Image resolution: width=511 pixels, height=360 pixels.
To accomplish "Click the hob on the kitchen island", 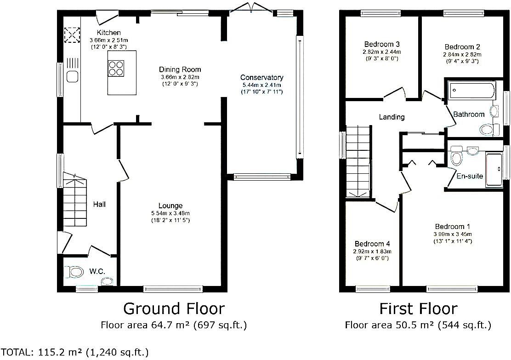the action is [x=116, y=68].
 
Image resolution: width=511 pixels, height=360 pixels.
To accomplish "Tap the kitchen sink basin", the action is [x=72, y=77].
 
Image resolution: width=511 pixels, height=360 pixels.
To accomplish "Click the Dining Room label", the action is [x=180, y=69].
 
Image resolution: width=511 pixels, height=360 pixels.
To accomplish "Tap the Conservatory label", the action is [x=261, y=77].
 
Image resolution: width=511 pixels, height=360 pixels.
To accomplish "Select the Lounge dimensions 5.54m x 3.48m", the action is [x=170, y=213].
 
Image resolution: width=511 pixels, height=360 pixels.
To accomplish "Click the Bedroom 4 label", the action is [x=372, y=244].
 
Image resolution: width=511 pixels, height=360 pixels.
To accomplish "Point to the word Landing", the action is [x=392, y=117].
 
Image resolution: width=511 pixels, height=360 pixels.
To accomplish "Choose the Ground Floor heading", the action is [x=174, y=309].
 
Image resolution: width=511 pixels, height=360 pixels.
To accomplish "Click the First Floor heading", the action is [x=419, y=309].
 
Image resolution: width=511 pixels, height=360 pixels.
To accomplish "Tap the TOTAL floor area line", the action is [x=74, y=352].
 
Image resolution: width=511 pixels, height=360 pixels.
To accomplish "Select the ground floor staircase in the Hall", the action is [x=74, y=200].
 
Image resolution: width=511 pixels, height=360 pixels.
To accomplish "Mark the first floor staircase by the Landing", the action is [x=358, y=161].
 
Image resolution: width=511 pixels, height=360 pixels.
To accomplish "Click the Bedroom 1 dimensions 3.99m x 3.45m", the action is [x=453, y=234].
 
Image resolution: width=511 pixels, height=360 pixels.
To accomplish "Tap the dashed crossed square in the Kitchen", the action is [x=72, y=35].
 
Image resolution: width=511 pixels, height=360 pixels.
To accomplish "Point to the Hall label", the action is [x=99, y=205].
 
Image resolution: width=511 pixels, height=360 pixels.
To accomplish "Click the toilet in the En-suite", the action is [x=457, y=156].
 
